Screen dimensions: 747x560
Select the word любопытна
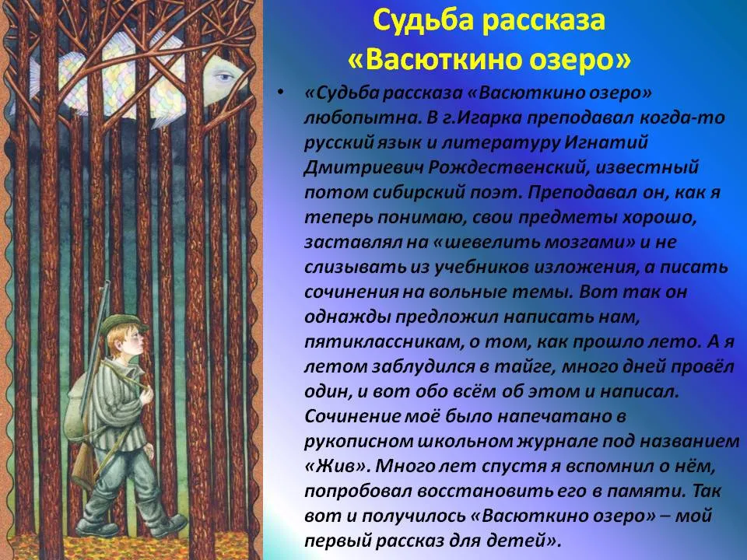pos(360,118)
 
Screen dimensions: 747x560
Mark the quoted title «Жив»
pos(337,466)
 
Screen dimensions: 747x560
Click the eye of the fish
pos(222,76)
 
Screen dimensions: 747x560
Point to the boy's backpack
pos(79,406)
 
